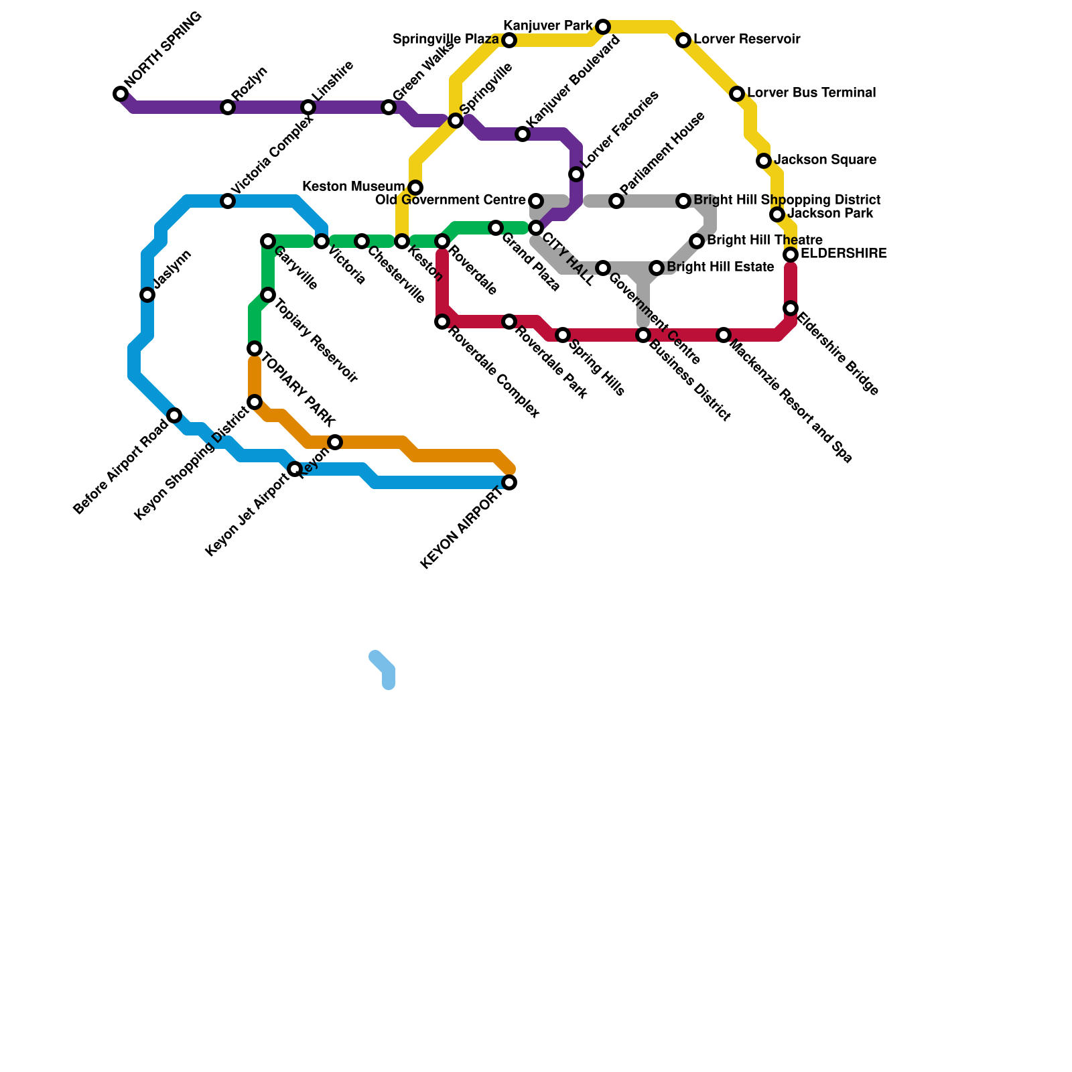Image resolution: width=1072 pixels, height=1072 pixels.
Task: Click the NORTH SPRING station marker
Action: click(x=121, y=94)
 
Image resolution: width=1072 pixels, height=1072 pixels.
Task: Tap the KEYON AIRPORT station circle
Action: click(x=509, y=482)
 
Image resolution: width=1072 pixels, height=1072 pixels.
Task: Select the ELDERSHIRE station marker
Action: click(x=791, y=255)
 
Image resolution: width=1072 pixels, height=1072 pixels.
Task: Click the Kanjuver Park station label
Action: click(x=547, y=27)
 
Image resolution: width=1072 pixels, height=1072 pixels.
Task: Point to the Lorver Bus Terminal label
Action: click(x=811, y=93)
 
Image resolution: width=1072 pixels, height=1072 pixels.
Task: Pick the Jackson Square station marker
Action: click(x=764, y=161)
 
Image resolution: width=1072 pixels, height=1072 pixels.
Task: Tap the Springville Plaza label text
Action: click(x=446, y=40)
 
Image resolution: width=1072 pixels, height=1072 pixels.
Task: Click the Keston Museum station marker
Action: click(x=415, y=188)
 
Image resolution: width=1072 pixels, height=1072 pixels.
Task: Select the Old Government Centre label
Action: click(x=450, y=200)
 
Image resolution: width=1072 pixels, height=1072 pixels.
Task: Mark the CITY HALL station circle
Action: click(x=536, y=228)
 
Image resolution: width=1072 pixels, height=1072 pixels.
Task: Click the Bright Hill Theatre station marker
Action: click(x=697, y=241)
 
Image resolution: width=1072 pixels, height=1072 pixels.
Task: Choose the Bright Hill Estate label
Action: click(x=720, y=267)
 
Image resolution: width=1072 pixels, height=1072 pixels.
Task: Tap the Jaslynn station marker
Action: click(x=147, y=295)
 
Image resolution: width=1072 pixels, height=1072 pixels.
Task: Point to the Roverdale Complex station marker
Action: click(x=442, y=322)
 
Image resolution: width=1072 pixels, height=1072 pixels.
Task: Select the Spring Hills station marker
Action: click(x=563, y=335)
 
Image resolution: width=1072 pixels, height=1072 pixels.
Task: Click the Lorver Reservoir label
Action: click(x=747, y=40)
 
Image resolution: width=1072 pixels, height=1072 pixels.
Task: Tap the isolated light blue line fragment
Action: click(x=383, y=669)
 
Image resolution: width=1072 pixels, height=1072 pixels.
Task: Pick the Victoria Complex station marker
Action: click(x=228, y=201)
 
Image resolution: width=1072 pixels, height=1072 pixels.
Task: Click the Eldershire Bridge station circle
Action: click(x=791, y=308)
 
